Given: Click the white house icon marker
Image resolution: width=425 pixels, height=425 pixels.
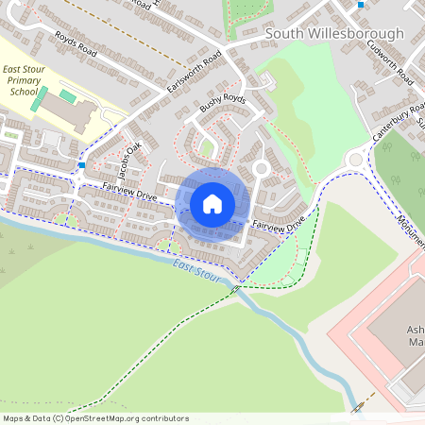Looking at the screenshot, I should (212, 204).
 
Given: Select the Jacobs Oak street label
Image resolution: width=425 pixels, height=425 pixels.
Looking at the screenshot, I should (126, 159).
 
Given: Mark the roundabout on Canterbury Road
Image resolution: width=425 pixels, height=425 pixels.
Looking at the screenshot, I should (356, 159).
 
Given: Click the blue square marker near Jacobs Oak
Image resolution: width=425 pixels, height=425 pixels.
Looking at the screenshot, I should (83, 165).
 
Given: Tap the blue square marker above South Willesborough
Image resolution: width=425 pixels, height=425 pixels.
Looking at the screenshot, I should (361, 5).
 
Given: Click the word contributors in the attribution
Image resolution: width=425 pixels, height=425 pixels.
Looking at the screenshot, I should (163, 417).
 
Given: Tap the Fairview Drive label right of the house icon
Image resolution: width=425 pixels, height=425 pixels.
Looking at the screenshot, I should (279, 226).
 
